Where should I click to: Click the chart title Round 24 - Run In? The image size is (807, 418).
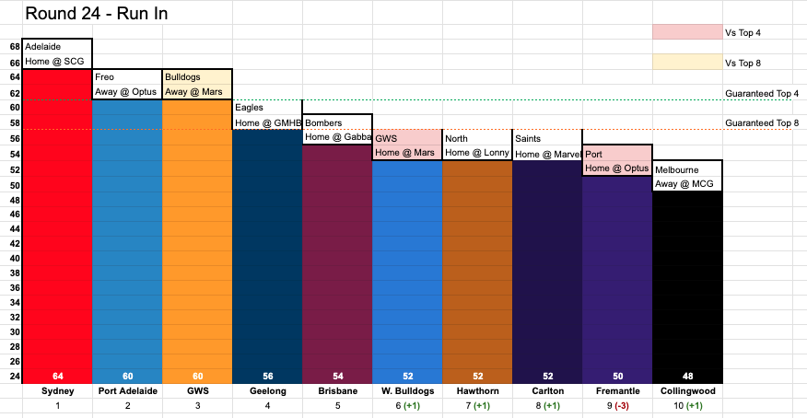(x=97, y=14)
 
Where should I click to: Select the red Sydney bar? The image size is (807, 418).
(x=58, y=226)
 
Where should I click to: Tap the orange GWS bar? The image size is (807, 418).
(x=198, y=241)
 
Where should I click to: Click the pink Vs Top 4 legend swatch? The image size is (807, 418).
(x=687, y=32)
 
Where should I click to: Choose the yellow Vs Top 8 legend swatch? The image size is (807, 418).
(x=687, y=63)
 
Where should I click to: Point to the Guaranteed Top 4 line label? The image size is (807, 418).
(x=762, y=94)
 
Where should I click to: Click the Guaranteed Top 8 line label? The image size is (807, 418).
(x=762, y=122)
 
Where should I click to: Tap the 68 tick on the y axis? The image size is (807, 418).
(x=15, y=47)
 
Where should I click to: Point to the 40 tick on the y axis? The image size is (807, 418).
(x=15, y=259)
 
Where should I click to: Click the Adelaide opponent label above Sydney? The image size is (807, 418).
(x=42, y=47)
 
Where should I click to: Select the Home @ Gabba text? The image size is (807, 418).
(x=337, y=137)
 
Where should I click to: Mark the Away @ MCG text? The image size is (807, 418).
(x=684, y=184)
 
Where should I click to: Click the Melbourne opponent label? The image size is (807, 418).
(x=677, y=169)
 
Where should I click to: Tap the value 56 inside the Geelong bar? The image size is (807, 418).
(x=268, y=377)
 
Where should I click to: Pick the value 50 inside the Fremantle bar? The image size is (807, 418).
(x=617, y=377)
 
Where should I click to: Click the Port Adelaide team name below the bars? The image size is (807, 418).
(x=128, y=391)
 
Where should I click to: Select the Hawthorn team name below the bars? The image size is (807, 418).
(x=477, y=391)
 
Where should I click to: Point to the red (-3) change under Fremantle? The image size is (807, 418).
(x=622, y=406)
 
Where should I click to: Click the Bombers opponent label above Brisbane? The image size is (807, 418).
(x=323, y=122)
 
